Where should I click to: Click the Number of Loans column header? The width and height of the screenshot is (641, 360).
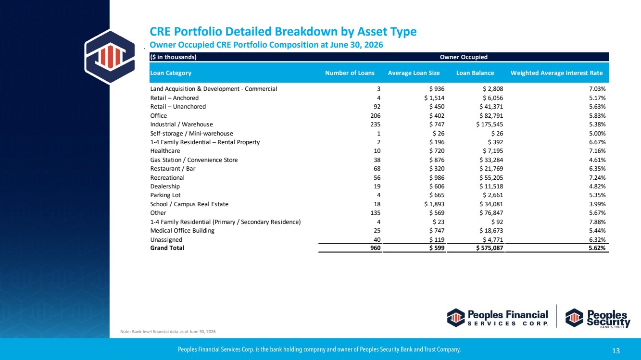[x=350, y=73]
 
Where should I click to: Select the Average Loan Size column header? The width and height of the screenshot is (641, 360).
[x=414, y=73]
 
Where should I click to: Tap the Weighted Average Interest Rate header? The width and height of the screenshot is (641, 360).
[x=556, y=73]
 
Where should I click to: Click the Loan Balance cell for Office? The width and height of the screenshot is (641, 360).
[x=491, y=115]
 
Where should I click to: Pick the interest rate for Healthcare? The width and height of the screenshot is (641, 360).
[x=597, y=151]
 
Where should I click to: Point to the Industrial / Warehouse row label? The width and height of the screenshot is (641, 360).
[x=181, y=124]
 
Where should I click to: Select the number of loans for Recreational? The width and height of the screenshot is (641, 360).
[x=377, y=177]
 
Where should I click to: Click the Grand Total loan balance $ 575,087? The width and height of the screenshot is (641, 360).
[x=490, y=248]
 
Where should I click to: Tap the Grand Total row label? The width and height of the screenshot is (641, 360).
[x=167, y=248]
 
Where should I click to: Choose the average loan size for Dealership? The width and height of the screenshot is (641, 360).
[x=437, y=186]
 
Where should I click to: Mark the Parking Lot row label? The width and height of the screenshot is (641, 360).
[x=165, y=195]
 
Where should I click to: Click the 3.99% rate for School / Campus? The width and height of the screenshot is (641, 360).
[x=597, y=204]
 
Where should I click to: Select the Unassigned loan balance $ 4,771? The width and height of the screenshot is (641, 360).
[x=493, y=240]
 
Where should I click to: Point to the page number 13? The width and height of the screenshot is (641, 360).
[x=616, y=351]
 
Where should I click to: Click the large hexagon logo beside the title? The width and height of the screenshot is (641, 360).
[x=110, y=57]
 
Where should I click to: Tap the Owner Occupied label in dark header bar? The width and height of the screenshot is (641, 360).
[x=464, y=57]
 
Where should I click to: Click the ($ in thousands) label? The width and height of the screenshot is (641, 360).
[x=174, y=57]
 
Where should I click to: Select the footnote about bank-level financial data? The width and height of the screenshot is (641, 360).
[x=168, y=332]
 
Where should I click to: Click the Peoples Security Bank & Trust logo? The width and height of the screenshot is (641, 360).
[x=598, y=318]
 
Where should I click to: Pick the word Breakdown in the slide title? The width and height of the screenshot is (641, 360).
[x=305, y=31]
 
